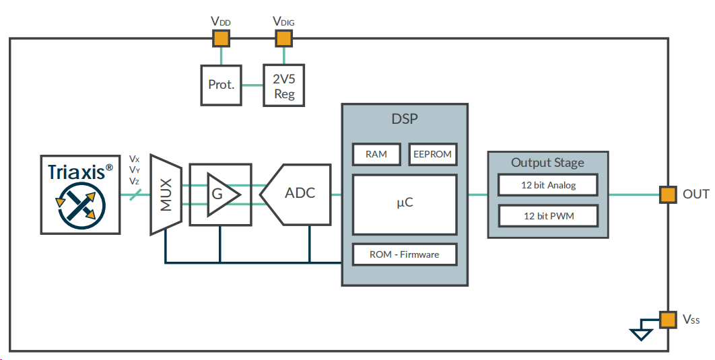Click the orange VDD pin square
221,38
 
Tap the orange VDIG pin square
283,38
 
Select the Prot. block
222,85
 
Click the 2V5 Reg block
284,85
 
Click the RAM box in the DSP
376,154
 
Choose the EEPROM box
432,154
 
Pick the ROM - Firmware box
405,254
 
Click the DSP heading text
405,120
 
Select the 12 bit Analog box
548,185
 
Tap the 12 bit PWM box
548,216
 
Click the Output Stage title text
547,162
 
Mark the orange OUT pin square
667,194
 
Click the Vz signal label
135,181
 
